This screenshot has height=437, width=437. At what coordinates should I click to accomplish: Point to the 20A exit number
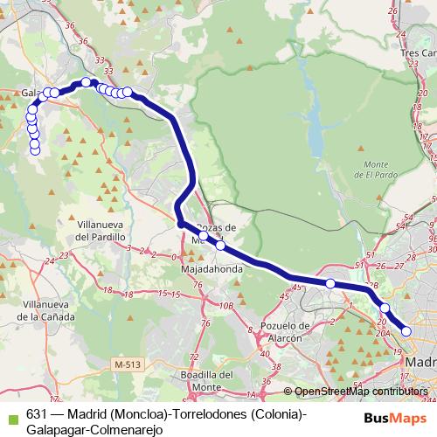(382, 332)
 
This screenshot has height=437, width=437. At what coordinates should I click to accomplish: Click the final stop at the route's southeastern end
(406, 329)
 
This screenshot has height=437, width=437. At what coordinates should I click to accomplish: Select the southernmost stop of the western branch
(35, 150)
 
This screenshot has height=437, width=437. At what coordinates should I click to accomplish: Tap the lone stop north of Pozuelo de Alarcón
(330, 283)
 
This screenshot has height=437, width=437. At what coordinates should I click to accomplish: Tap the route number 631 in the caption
(36, 413)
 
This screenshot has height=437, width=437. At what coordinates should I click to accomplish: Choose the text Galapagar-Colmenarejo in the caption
(87, 427)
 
